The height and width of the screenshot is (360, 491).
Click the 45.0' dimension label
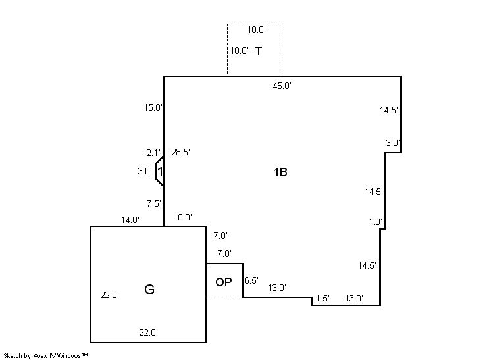click(x=282, y=86)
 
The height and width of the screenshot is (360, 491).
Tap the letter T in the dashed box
click(x=259, y=51)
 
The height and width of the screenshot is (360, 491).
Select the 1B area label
click(x=280, y=172)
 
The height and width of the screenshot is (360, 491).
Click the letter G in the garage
click(x=149, y=290)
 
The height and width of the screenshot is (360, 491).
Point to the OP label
click(x=224, y=282)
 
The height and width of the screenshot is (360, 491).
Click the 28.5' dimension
click(x=181, y=152)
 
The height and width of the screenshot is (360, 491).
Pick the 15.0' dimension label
click(x=153, y=108)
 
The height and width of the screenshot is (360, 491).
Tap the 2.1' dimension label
click(x=153, y=153)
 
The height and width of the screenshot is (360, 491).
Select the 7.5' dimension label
click(x=154, y=203)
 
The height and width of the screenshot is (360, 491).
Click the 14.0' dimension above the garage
click(x=130, y=220)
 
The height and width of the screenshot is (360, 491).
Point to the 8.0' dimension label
click(x=185, y=217)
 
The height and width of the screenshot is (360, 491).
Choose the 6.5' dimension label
click(x=251, y=280)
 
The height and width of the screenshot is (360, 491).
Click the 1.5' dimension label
click(x=323, y=298)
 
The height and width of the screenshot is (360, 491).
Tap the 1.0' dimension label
click(x=375, y=222)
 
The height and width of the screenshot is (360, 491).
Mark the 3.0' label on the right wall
click(x=393, y=143)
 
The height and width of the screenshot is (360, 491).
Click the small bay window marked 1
click(x=160, y=172)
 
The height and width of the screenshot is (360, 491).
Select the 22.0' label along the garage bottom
click(x=149, y=332)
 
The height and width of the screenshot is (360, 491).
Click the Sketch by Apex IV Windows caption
click(x=45, y=356)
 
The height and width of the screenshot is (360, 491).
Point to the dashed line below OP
click(x=225, y=297)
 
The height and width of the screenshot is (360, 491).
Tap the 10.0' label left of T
click(x=240, y=51)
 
